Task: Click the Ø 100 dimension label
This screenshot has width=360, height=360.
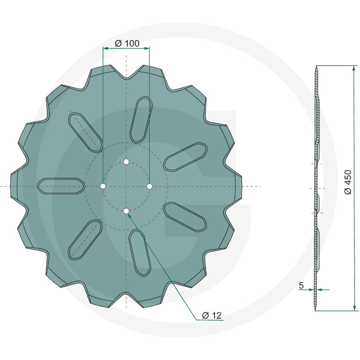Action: pos(127,43)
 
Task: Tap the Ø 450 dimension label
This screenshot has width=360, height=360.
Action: pos(348,182)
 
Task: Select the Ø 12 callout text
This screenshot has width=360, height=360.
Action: pos(211,315)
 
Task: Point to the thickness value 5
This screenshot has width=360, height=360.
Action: pos(301,285)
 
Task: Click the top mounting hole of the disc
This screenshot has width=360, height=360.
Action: pos(126,162)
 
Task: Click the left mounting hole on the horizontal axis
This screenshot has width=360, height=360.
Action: pos(103,186)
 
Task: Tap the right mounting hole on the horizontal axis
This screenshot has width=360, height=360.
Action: pos(149,186)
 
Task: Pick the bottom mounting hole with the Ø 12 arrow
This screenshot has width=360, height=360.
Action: pos(126,211)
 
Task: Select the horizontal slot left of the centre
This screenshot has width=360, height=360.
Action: pos(61,186)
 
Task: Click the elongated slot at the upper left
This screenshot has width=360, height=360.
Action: pos(85,132)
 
